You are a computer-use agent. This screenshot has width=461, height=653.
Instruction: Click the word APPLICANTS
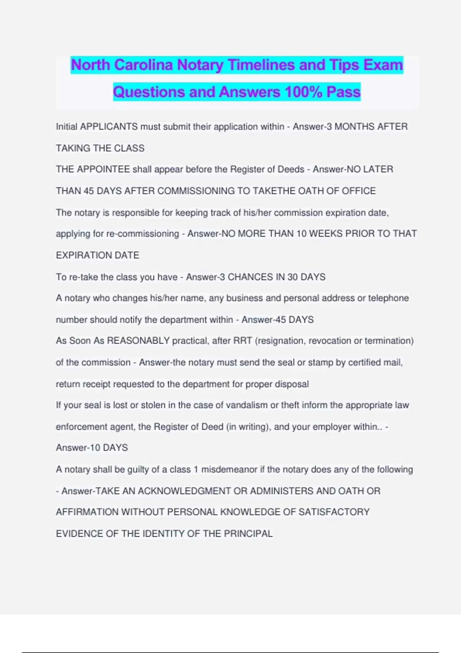[109, 127]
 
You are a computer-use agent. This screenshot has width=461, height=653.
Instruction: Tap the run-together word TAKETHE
[274, 191]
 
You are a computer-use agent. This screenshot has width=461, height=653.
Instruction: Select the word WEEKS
[328, 234]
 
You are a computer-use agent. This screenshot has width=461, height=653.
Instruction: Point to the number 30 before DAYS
[292, 277]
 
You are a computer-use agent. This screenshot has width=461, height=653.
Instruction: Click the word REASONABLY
[138, 341]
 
